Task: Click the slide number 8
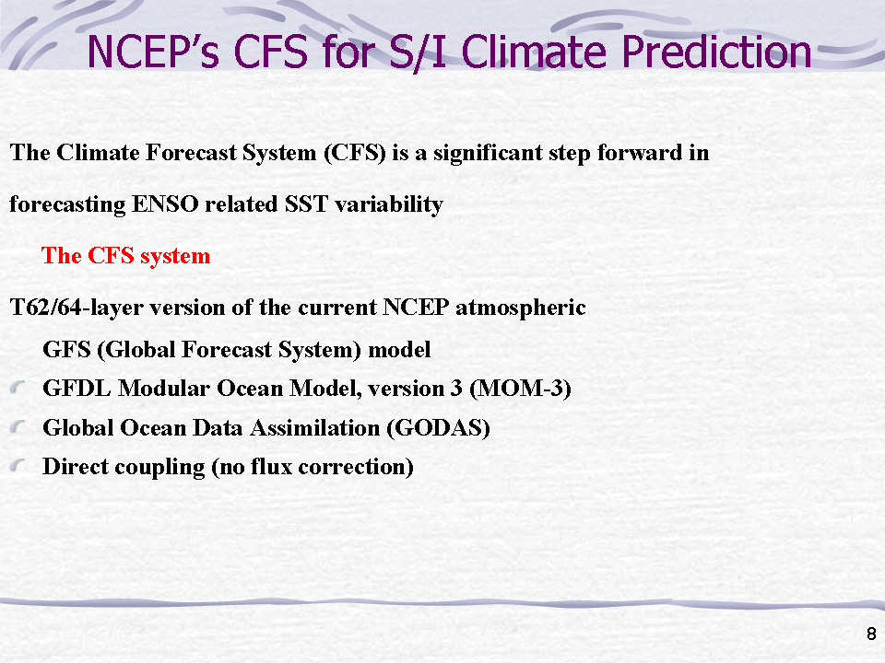(871, 634)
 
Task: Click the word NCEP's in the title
(153, 52)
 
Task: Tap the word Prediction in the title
(716, 52)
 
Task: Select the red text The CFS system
(126, 256)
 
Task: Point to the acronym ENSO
(165, 204)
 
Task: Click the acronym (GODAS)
(438, 428)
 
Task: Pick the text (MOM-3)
(520, 389)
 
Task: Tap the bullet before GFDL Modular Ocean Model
(18, 388)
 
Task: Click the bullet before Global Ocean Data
(18, 426)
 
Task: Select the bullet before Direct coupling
(18, 466)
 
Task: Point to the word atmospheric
(520, 308)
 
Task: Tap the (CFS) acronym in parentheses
(354, 153)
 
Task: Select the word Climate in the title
(534, 52)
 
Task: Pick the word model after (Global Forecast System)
(399, 350)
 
